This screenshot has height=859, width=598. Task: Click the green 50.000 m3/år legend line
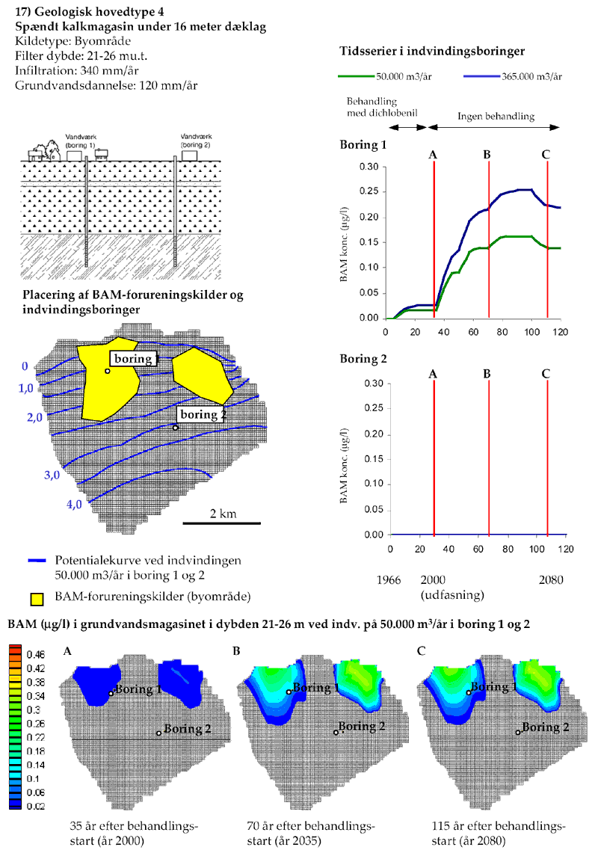355,76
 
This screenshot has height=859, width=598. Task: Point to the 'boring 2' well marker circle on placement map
176,428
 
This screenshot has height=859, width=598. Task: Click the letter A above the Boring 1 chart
433,155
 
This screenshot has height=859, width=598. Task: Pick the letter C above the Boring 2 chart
546,372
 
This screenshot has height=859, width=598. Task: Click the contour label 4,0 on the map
74,505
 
